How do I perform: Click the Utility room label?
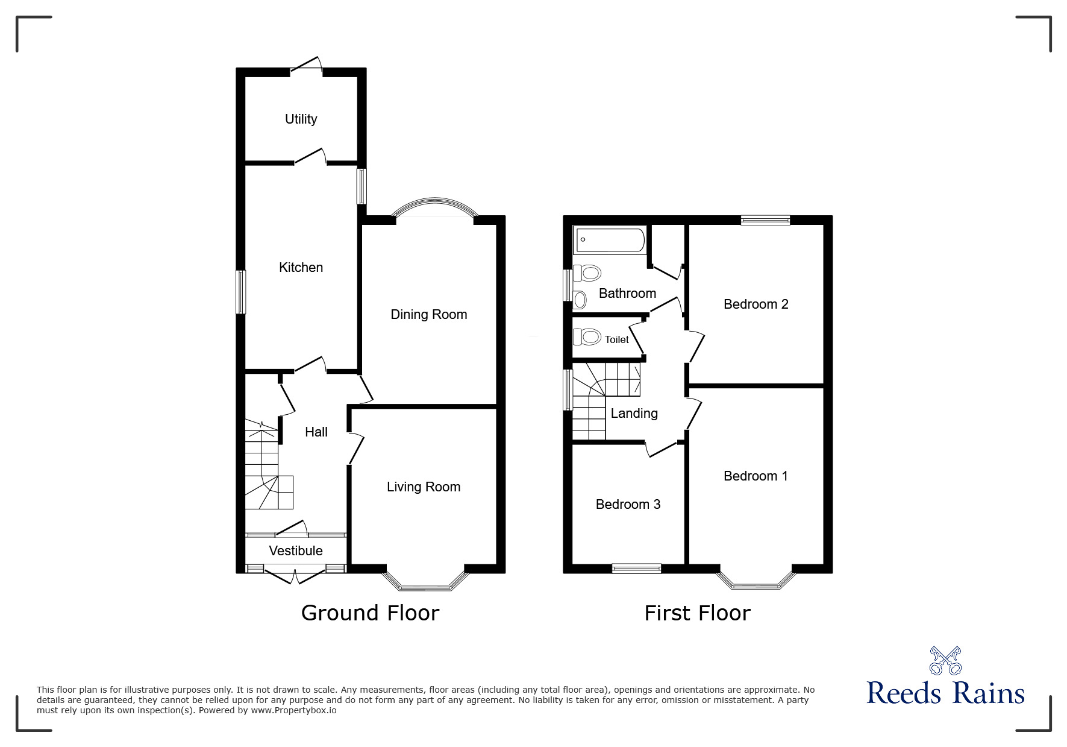pos(301,119)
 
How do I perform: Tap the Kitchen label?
pos(301,267)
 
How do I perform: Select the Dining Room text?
pos(429,314)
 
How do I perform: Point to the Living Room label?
pos(424,487)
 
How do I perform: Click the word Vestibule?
pos(296,550)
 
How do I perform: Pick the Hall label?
pos(316,432)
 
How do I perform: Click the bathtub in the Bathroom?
pos(610,241)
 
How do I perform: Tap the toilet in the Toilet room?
pos(587,336)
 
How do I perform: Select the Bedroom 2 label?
pos(756,304)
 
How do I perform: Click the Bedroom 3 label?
pos(628,504)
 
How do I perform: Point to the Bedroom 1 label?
pos(756,476)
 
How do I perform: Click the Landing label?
pos(634,413)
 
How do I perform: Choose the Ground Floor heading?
pos(370,613)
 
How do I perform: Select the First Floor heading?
pos(698,613)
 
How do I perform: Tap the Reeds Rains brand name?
pos(946,693)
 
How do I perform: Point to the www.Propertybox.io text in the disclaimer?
pos(294,710)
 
